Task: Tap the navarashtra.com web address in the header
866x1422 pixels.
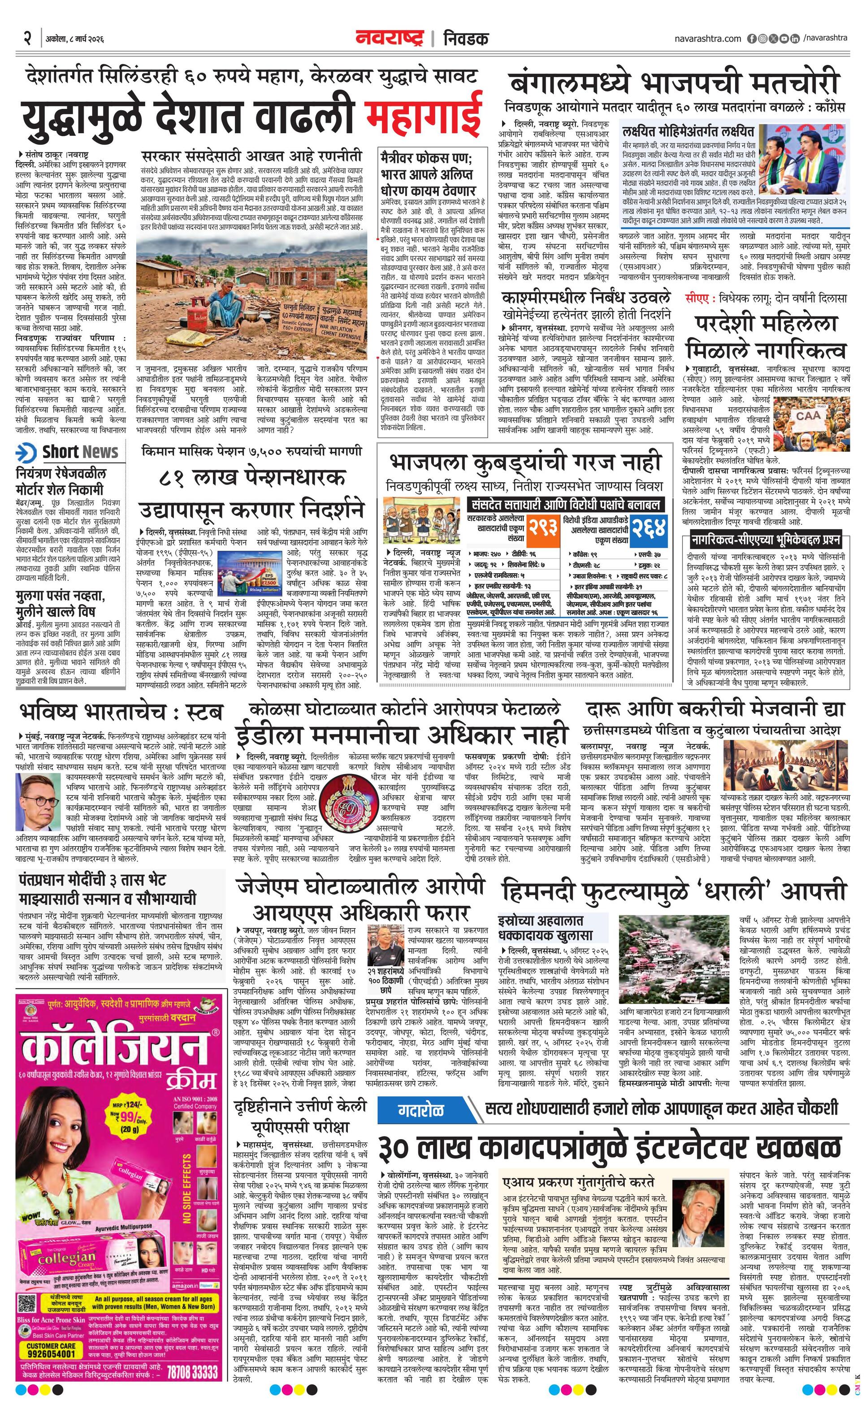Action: click(707, 39)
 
